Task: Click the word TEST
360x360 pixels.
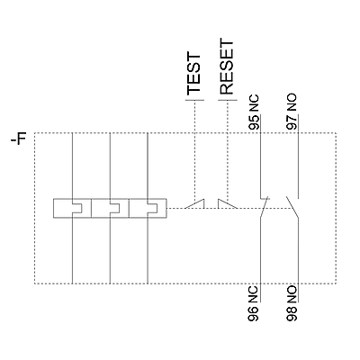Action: point(193,74)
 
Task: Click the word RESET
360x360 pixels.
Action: point(227,67)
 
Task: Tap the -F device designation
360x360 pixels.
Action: point(19,139)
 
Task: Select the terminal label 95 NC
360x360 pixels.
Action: point(254,112)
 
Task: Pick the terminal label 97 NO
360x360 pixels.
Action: point(292,112)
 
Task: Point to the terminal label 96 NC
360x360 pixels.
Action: point(254,304)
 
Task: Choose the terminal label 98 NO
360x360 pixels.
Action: point(292,304)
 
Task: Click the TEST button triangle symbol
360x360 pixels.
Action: point(194,204)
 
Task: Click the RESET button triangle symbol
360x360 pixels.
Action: point(228,204)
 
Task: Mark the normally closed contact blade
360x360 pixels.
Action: point(264,207)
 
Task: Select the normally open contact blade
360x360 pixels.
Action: point(292,207)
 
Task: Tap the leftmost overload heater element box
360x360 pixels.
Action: point(72,208)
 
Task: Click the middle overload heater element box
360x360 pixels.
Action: point(110,208)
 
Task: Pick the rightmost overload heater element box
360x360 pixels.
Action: point(148,208)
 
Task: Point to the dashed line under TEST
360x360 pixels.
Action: point(195,151)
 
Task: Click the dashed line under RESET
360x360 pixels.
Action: point(228,151)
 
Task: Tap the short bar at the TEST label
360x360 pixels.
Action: point(195,100)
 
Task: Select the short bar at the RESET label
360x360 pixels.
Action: point(228,100)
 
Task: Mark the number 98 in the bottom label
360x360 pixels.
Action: point(292,313)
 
